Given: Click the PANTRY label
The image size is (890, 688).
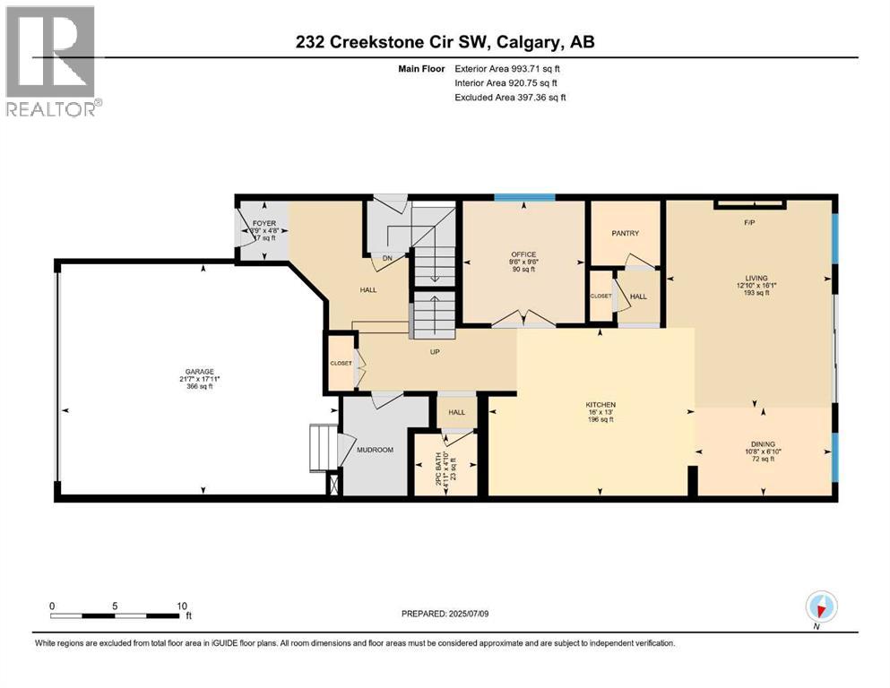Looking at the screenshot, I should tap(625, 234).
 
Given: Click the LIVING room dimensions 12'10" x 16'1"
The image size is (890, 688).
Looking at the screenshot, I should tap(750, 286).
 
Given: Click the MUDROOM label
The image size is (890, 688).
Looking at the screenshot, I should tap(375, 450).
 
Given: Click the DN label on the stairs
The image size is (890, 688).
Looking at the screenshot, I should tap(387, 258).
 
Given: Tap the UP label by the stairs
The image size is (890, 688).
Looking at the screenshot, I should tap(435, 352).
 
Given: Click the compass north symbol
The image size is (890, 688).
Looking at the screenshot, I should tap(821, 607).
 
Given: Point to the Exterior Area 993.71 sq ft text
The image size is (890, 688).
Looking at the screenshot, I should tap(511, 68).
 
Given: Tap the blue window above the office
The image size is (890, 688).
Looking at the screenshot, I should tap(525, 197).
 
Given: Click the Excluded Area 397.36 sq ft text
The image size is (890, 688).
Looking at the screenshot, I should tap(511, 98).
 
